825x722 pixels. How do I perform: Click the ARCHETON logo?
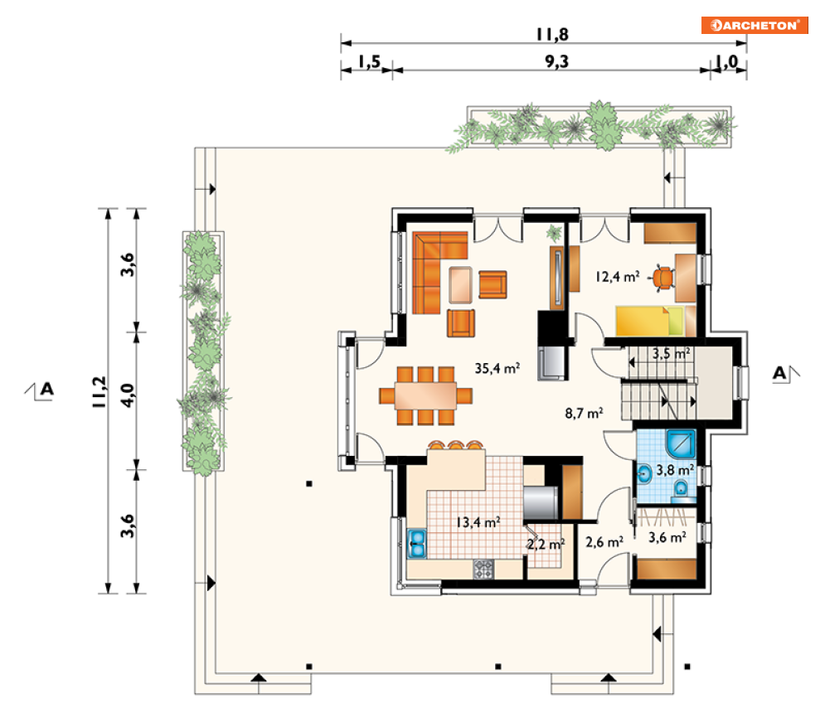[x=755, y=25]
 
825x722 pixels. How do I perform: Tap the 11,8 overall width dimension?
[x=552, y=35]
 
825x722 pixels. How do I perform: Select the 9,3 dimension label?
[x=556, y=62]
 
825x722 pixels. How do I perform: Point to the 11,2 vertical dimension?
[x=99, y=392]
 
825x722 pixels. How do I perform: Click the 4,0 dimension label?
[x=128, y=395]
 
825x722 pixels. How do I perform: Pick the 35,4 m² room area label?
[x=497, y=368]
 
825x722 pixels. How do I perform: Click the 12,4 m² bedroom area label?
[x=617, y=277]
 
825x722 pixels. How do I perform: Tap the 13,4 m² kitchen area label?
[x=478, y=522]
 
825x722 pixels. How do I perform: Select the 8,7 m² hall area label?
[x=584, y=414]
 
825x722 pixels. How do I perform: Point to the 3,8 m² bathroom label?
[x=675, y=469]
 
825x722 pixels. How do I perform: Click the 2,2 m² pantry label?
[x=546, y=545]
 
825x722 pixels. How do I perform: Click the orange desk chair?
[x=663, y=279]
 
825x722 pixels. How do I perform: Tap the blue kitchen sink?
[x=417, y=543]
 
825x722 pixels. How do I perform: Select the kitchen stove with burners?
[x=483, y=569]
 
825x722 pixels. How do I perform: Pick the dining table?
[x=425, y=395]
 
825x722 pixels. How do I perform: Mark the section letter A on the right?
[x=779, y=373]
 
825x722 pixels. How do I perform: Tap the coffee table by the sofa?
[x=460, y=285]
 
